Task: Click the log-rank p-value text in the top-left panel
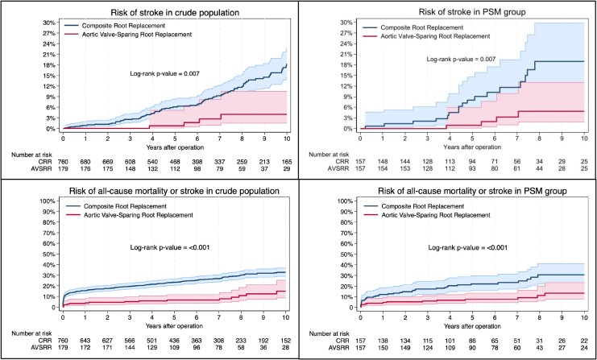tap(164, 74)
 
